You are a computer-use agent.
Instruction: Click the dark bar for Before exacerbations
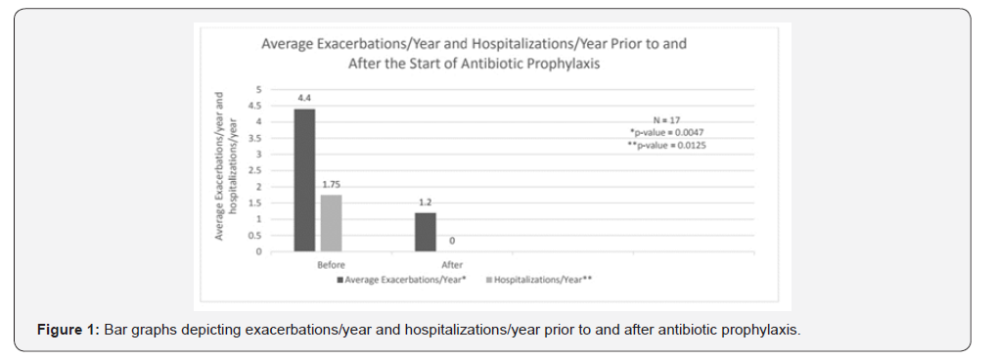(x=304, y=180)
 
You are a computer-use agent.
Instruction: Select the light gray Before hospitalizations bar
(x=331, y=223)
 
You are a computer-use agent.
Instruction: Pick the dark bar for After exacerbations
(x=426, y=232)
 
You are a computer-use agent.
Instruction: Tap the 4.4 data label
(x=304, y=99)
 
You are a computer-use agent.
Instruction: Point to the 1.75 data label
(x=331, y=185)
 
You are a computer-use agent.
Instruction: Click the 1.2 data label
(x=426, y=202)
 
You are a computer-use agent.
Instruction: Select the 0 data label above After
(x=452, y=241)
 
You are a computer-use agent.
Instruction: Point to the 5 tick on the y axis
(x=258, y=89)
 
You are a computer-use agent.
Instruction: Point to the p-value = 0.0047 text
(x=673, y=131)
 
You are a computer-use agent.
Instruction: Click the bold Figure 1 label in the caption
(x=68, y=329)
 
